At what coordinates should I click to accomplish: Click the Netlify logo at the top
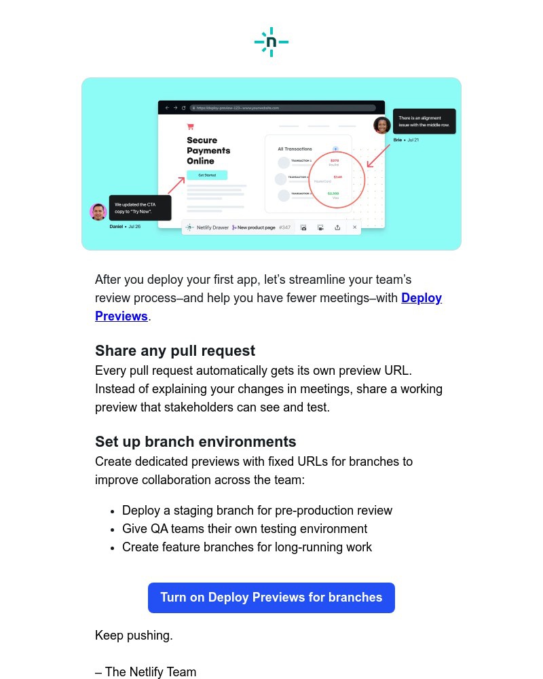click(x=271, y=42)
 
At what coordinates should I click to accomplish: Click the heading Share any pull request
click(x=175, y=351)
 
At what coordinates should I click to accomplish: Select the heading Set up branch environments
click(x=195, y=442)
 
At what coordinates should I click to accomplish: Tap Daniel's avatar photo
click(x=98, y=212)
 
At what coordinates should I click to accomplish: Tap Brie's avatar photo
click(x=382, y=126)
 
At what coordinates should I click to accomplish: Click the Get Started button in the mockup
click(x=207, y=175)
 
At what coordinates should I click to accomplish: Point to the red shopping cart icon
click(x=191, y=126)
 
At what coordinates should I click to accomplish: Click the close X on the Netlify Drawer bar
click(x=354, y=227)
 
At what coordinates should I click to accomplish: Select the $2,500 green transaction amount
click(x=333, y=194)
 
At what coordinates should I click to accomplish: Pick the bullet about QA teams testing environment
click(x=244, y=529)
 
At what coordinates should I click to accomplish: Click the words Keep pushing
click(x=134, y=636)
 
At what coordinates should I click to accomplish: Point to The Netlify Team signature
click(x=146, y=672)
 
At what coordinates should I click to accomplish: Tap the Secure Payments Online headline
click(x=208, y=151)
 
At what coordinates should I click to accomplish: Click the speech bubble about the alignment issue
click(x=424, y=122)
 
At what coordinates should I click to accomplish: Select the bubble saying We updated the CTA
click(x=140, y=208)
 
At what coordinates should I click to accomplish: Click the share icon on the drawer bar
click(x=337, y=227)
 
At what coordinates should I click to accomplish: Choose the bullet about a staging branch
click(x=257, y=511)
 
